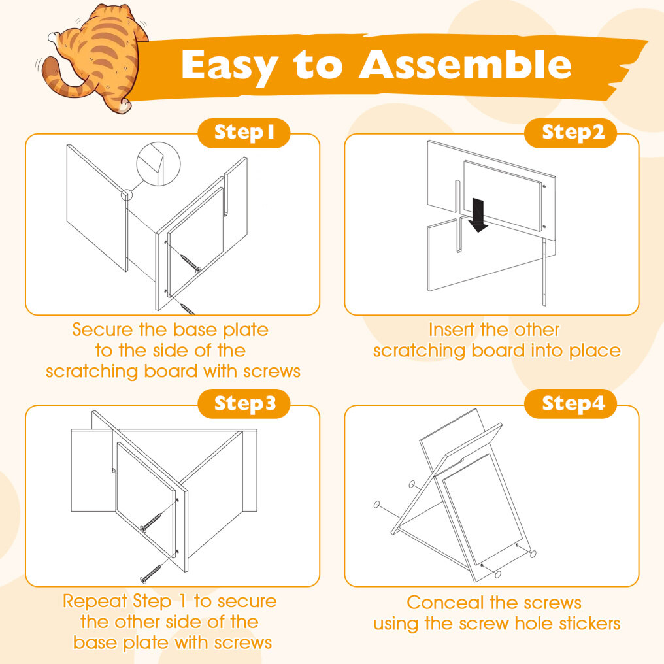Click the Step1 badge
[x=244, y=133]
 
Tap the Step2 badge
[x=571, y=133]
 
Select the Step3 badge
[x=244, y=404]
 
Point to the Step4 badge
[x=571, y=404]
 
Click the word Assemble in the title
[x=465, y=65]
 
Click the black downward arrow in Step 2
[x=478, y=215]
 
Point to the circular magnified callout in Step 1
[x=158, y=164]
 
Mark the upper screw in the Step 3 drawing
[x=151, y=522]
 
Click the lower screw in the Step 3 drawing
[x=151, y=573]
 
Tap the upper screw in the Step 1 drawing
[x=191, y=263]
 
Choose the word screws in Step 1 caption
[x=271, y=372]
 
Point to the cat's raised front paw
[x=54, y=38]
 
